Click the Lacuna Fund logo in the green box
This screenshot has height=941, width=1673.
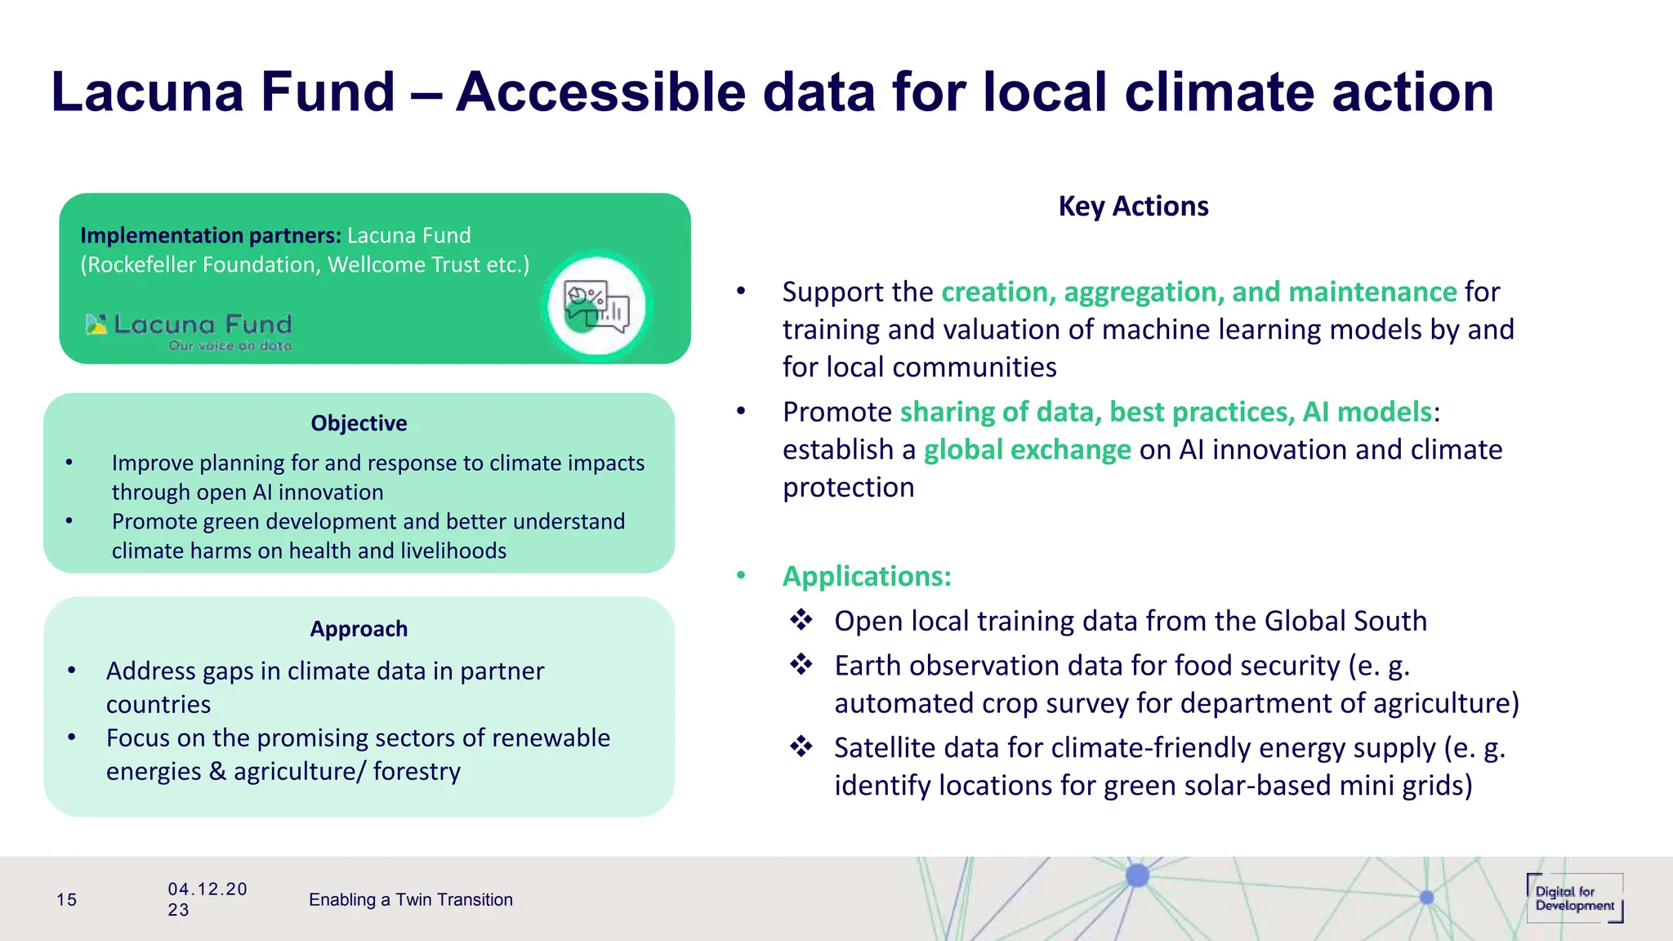pos(190,332)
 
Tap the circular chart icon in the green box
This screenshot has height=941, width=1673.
pos(597,307)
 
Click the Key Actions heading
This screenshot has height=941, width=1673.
pos(1133,206)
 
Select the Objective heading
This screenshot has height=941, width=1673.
pos(359,423)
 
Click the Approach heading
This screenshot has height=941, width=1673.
pos(359,629)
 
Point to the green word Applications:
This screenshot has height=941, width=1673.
pos(867,577)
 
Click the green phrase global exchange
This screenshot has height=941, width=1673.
pos(1027,450)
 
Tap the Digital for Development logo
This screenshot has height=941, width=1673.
pos(1574,899)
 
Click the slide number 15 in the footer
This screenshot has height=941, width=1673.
pos(66,900)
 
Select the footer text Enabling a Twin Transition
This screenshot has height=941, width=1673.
pos(410,900)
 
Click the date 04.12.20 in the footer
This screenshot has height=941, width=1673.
pos(207,890)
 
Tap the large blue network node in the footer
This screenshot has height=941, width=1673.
pos(1137,876)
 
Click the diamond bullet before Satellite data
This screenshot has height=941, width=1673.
pos(801,747)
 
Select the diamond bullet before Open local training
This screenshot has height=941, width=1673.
pos(801,620)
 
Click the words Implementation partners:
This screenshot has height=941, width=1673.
pos(211,236)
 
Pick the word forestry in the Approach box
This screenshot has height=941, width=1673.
pos(417,772)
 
